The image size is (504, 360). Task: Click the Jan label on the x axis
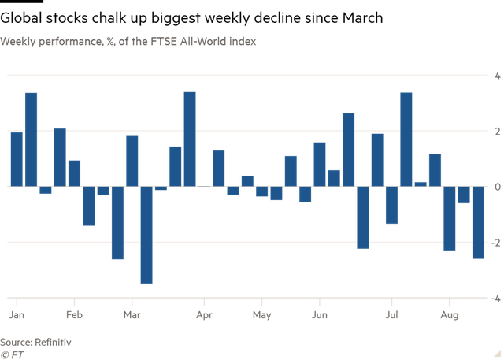coord(16,315)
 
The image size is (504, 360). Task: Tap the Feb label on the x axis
coord(74,315)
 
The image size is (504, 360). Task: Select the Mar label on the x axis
coord(132,315)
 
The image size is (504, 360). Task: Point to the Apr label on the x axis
coord(204,315)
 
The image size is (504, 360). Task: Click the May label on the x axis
coord(261,315)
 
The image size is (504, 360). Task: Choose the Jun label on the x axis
coord(319,315)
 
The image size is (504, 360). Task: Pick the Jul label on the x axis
coord(391,315)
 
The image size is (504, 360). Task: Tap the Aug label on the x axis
coord(449,315)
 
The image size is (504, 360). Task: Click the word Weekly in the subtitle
coord(18,40)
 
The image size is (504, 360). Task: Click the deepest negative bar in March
coord(146,236)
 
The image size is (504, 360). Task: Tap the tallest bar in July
coord(406,139)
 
